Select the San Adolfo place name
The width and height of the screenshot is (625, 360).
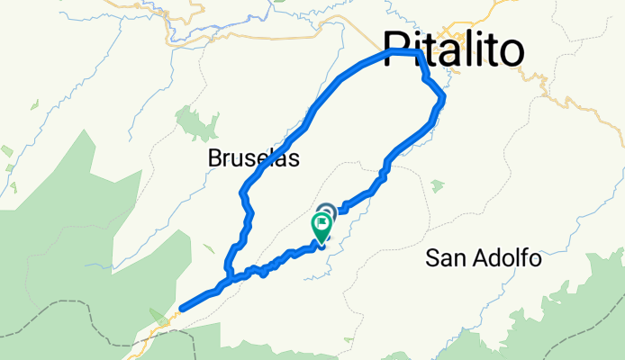pos(484,259)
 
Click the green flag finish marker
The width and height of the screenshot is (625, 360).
pos(322,226)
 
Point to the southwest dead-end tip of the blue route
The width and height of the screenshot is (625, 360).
pos(182,309)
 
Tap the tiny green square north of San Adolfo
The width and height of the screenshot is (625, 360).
pos(437,186)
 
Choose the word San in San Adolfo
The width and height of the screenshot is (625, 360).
pos(443,259)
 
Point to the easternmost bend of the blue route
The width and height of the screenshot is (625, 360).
pos(443,98)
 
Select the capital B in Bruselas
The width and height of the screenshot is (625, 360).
pos(214,158)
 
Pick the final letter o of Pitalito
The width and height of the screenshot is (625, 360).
pos(510,49)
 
